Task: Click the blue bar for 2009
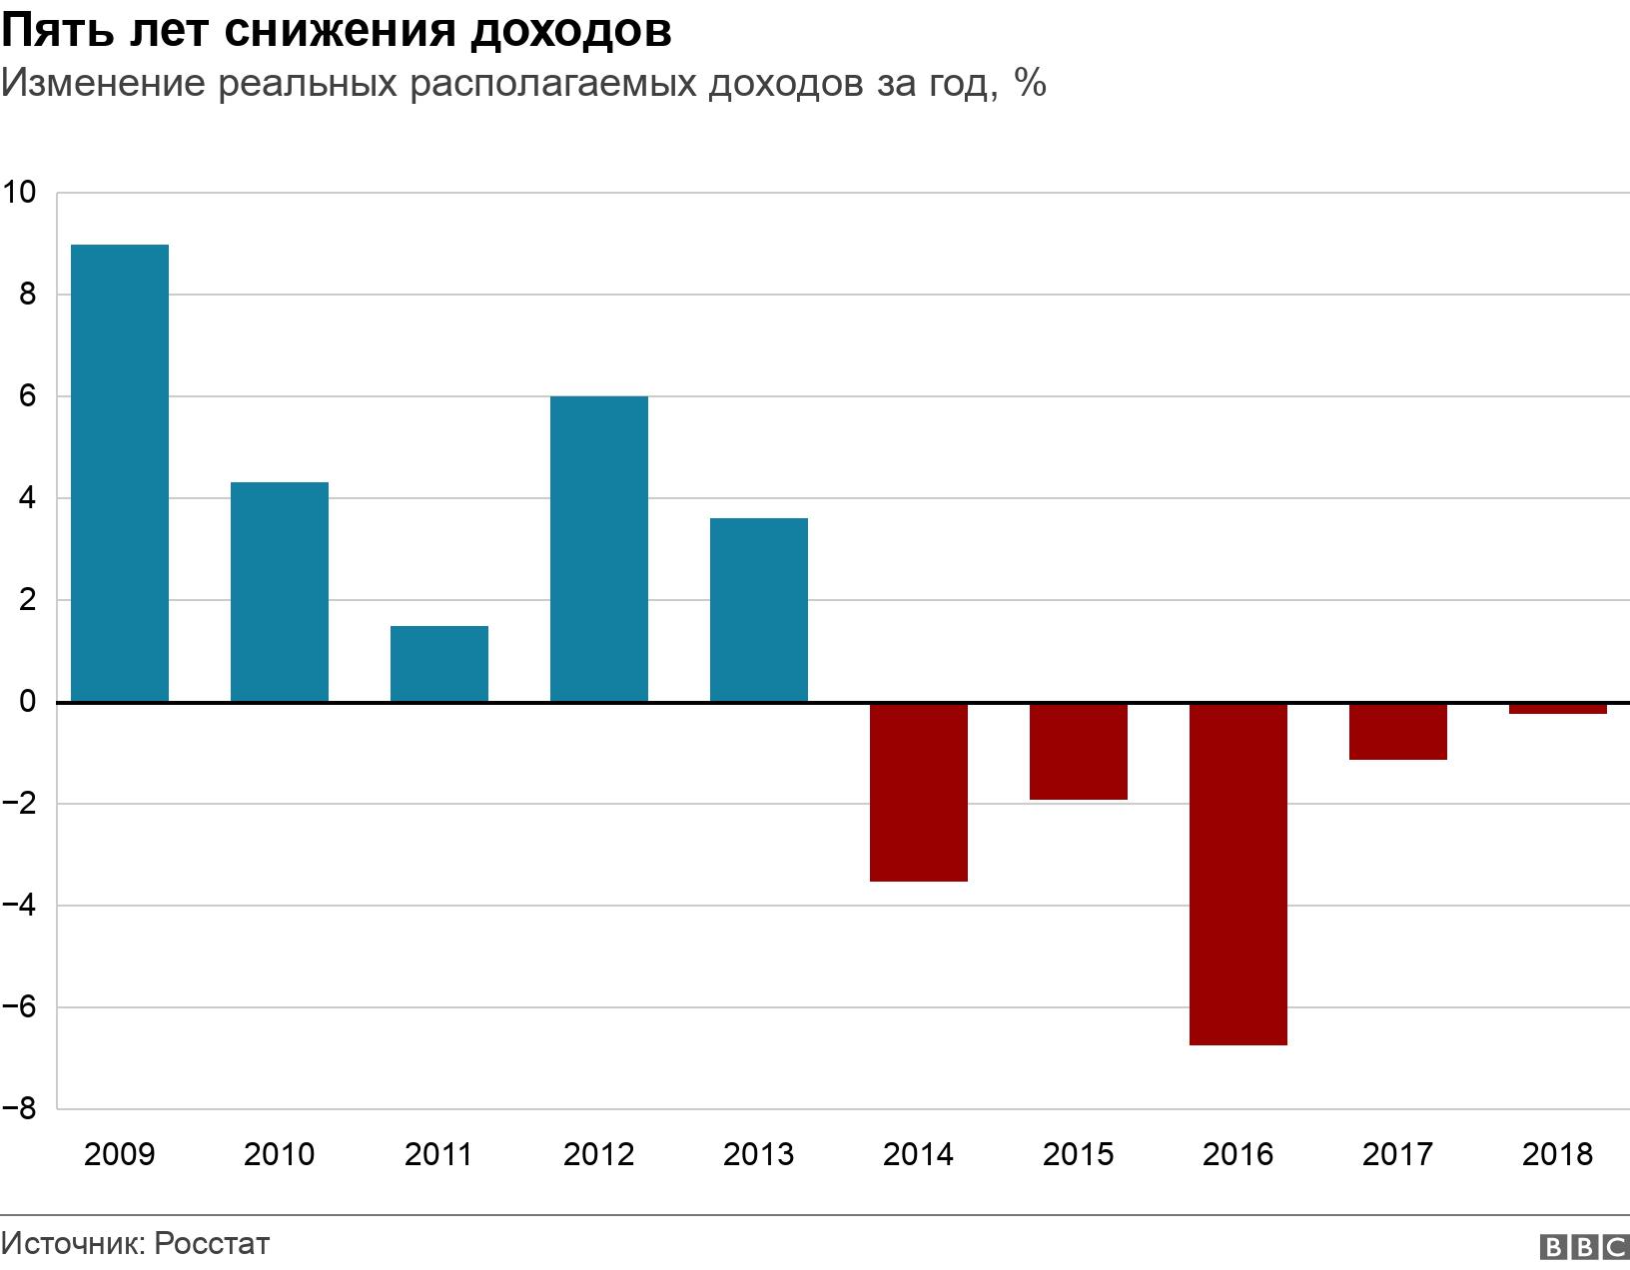(119, 473)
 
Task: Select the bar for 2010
(280, 592)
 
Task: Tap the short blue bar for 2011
(439, 664)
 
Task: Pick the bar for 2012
(599, 549)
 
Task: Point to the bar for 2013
(759, 610)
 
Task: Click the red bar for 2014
(919, 792)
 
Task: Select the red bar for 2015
(1079, 751)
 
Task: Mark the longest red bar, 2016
(1238, 874)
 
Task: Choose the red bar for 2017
(1398, 731)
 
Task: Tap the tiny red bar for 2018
(1558, 709)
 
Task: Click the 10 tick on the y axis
(19, 193)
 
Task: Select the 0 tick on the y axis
(27, 702)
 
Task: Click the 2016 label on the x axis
(1238, 1155)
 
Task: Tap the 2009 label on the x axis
(119, 1155)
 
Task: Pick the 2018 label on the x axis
(1558, 1155)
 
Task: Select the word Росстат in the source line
(213, 1244)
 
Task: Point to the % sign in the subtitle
(1030, 84)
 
